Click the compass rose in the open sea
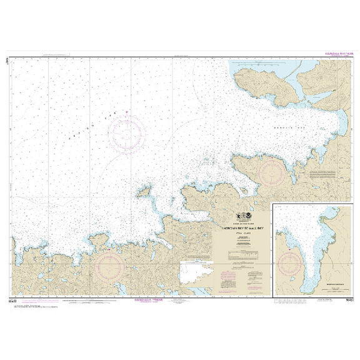tap(127, 134)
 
